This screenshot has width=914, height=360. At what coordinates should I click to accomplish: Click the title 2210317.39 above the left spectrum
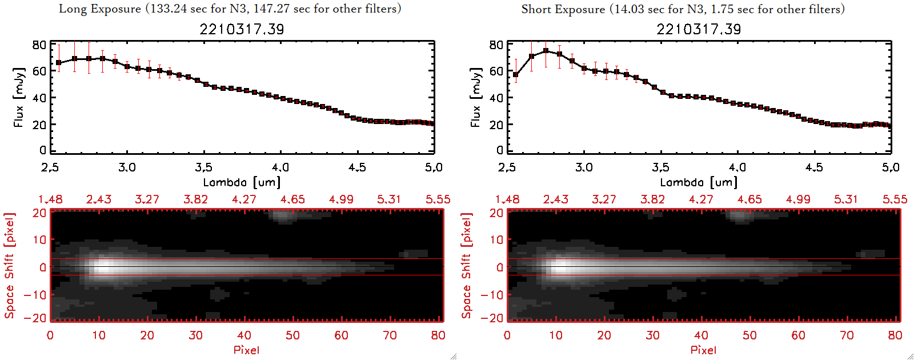pos(242,29)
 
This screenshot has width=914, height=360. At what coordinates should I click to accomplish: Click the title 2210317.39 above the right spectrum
pos(699,29)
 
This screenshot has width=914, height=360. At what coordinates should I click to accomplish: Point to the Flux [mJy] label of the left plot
pos(19,97)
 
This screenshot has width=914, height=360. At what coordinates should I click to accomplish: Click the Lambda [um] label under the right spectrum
pos(699,182)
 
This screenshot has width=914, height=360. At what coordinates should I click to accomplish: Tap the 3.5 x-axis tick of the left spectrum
pos(203,167)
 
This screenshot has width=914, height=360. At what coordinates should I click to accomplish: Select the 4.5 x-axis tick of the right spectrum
pos(814,167)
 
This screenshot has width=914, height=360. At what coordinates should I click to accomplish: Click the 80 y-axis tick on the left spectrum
pos(39,45)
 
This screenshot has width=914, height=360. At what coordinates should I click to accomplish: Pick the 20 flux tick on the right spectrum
pos(496,125)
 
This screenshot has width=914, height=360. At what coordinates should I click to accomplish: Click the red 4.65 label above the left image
pos(292,199)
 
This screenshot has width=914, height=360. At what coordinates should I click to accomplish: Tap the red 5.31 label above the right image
pos(846,199)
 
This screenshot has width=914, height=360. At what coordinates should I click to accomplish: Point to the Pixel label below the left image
pos(246,350)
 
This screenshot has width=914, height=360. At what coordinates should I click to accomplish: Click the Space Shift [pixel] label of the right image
pos(467,265)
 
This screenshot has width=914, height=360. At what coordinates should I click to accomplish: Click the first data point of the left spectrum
pos(59,63)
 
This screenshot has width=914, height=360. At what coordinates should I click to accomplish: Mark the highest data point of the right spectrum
pos(546,51)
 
